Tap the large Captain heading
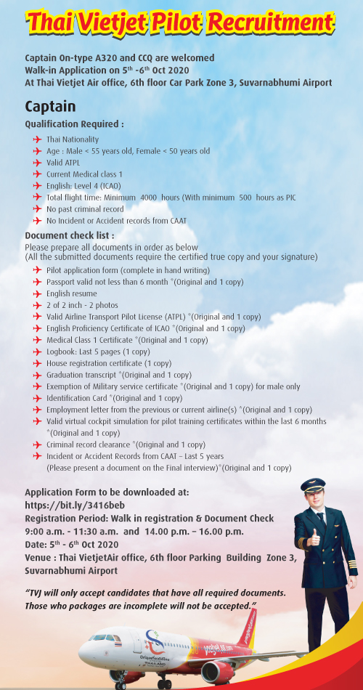(x=50, y=107)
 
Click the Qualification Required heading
(x=74, y=124)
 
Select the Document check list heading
(x=70, y=236)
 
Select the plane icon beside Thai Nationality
(x=37, y=139)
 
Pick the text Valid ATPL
(x=63, y=163)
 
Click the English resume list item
(x=71, y=293)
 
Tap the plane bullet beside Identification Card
(x=37, y=398)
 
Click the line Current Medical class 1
(x=84, y=174)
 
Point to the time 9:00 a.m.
(x=45, y=532)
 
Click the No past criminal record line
(x=84, y=208)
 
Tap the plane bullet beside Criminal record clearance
(x=37, y=445)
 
